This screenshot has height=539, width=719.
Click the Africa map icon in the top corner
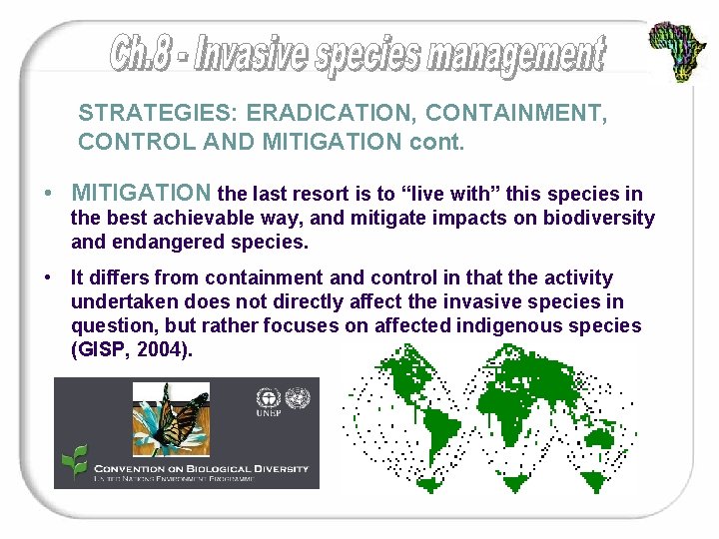click(677, 51)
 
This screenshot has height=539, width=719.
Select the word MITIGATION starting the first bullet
click(141, 193)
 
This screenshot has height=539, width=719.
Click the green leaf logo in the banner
click(74, 460)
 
